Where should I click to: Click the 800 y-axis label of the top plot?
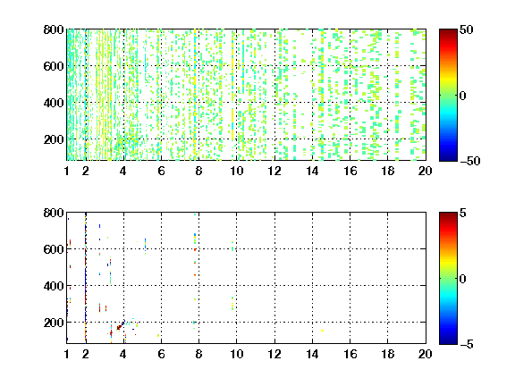point(54,29)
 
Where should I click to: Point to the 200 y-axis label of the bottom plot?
point(54,323)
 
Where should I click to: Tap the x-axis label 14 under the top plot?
point(312,171)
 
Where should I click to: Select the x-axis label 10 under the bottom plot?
point(236,354)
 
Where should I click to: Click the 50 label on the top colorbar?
point(467,29)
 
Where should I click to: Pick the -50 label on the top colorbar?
point(470,161)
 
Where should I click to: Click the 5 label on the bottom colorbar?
point(463,213)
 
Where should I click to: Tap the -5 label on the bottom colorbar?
point(467,344)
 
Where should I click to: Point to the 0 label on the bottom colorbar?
point(463,279)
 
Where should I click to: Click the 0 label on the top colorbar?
point(463,96)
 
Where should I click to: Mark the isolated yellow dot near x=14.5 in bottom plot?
point(322,331)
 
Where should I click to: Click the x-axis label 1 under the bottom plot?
point(67,354)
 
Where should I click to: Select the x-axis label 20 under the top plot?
point(425,171)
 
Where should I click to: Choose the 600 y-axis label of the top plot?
point(54,66)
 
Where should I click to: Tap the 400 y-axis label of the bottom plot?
point(54,286)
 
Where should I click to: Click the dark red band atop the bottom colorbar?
point(448,215)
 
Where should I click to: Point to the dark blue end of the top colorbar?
point(448,158)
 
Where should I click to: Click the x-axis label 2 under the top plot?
point(86,171)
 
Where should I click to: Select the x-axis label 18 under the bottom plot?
point(387,354)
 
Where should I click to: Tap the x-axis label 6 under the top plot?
point(161,171)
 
